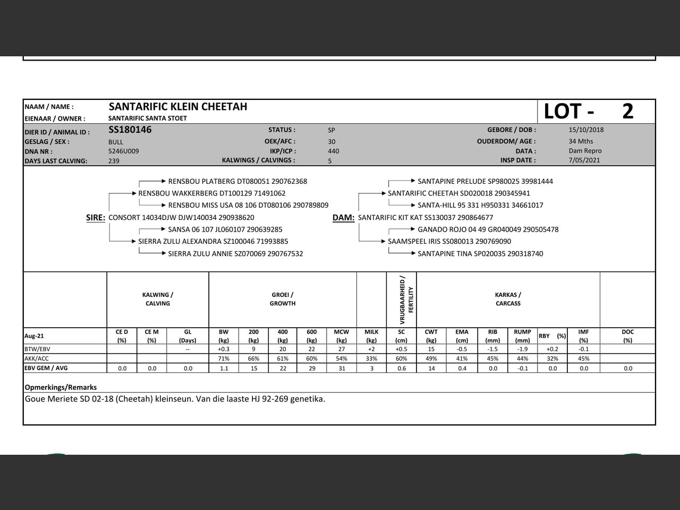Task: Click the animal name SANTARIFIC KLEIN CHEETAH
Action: coord(178,107)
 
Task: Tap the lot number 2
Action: coord(627,112)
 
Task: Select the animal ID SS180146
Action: coord(130,130)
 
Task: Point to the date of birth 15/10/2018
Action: coord(586,130)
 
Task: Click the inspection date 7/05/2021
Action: coord(584,160)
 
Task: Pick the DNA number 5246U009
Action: coord(124,151)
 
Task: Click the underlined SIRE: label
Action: coord(96,217)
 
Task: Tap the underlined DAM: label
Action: coord(343,217)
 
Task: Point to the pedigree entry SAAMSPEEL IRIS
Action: coord(449,241)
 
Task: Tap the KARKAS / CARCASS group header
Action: coord(508,299)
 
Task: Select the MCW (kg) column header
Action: coord(342,336)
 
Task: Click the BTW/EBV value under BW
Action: coord(224,349)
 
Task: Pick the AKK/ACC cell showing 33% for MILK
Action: coord(371,359)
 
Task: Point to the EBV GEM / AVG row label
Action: coord(46,368)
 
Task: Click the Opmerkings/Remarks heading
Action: coord(61,387)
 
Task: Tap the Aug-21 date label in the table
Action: coord(35,336)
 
